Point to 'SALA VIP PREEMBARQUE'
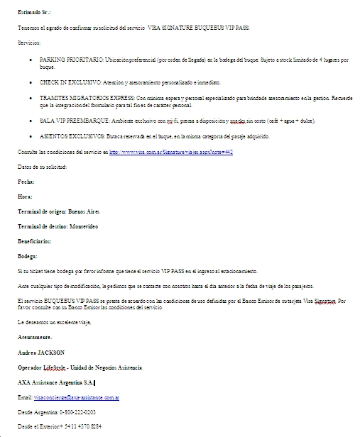(70, 121)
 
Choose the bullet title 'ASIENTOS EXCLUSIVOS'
(68, 136)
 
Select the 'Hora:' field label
(25, 196)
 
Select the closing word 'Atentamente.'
(35, 337)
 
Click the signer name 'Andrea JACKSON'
(41, 353)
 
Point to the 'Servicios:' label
(31, 44)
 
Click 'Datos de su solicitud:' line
(42, 166)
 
